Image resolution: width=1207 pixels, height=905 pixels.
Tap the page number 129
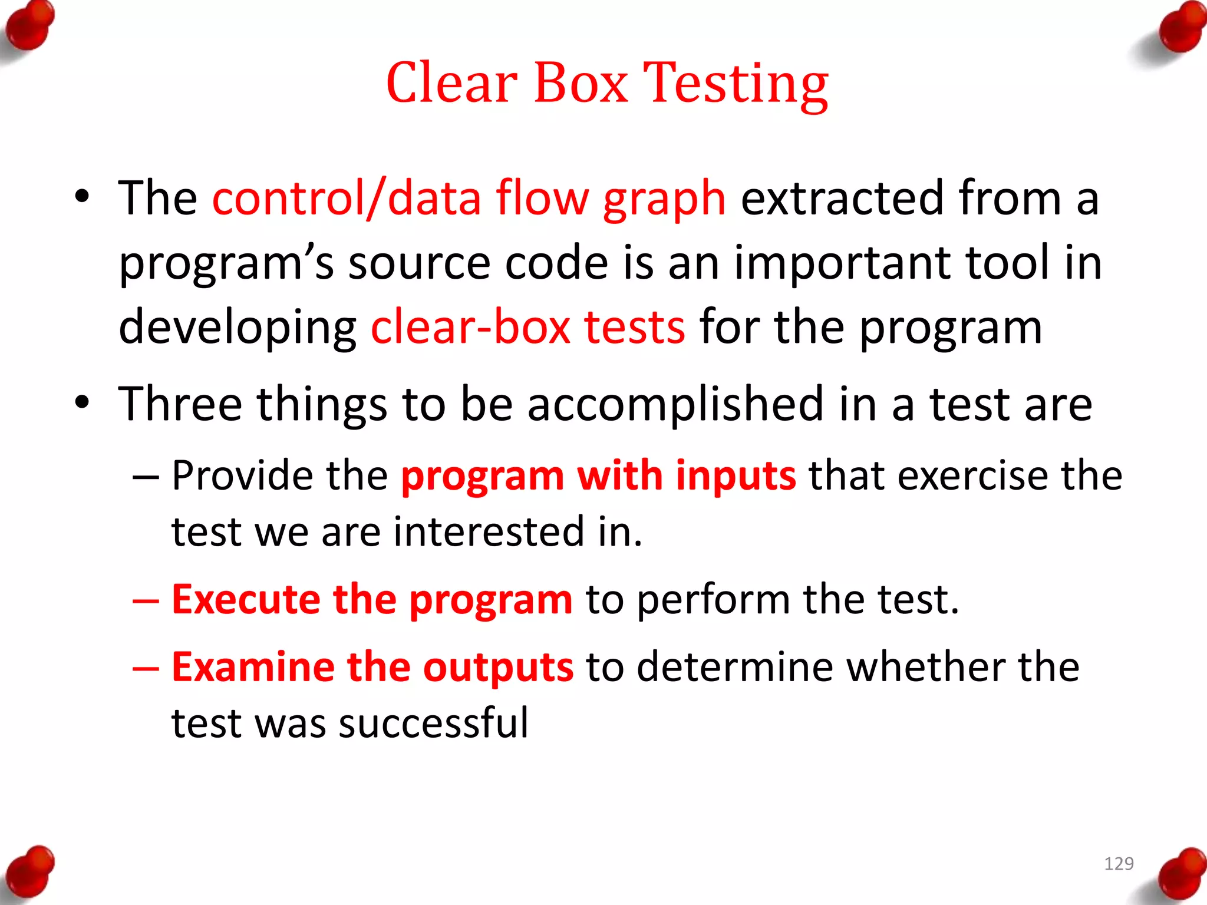(x=1118, y=864)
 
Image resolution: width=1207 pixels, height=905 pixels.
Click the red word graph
(x=664, y=199)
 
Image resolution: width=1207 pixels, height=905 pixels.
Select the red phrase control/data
(x=347, y=198)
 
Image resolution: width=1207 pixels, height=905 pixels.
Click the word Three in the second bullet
(x=180, y=404)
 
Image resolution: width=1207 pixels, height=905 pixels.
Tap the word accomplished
(x=675, y=405)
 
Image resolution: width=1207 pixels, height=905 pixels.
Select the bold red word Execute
(x=246, y=599)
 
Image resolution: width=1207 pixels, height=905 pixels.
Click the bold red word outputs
(x=498, y=667)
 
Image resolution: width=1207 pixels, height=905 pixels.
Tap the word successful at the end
(x=433, y=724)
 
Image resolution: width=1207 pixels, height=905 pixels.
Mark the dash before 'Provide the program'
(x=146, y=476)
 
